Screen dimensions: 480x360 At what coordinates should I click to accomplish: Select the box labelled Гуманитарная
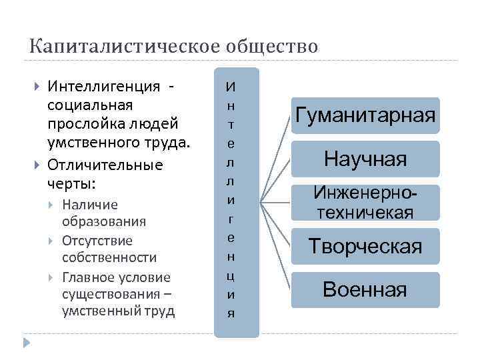pos(365,115)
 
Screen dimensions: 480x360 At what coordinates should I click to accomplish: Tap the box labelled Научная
pos(365,159)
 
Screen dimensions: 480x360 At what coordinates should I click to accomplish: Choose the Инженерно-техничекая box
pos(365,203)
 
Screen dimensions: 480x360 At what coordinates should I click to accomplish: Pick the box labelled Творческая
pos(365,246)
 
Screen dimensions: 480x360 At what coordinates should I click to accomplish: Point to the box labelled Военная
pos(365,289)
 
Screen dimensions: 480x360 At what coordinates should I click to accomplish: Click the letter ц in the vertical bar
pos(231,275)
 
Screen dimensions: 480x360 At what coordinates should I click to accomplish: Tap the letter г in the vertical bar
pos(231,218)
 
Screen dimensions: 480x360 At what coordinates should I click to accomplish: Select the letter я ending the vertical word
pos(231,313)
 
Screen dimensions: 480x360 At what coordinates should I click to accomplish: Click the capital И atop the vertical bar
pos(231,87)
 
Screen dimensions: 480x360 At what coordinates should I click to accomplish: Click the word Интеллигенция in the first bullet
pos(104,87)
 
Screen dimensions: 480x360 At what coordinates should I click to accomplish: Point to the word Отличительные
pos(105,164)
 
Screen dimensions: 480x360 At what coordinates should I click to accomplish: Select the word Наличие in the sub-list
pos(89,204)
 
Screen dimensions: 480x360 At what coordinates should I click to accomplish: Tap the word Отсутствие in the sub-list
pos(97,241)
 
